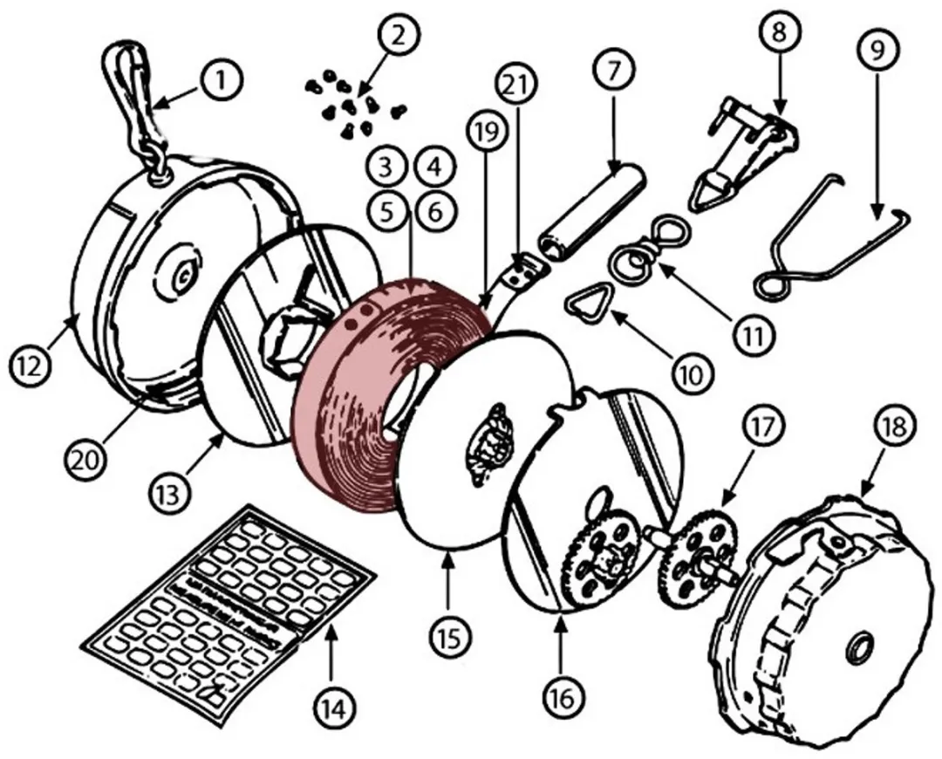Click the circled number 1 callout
click(x=222, y=81)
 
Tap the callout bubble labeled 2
click(x=397, y=36)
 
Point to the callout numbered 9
click(x=877, y=51)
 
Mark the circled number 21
click(x=518, y=85)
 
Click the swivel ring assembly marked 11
click(x=636, y=252)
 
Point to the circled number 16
click(x=563, y=698)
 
